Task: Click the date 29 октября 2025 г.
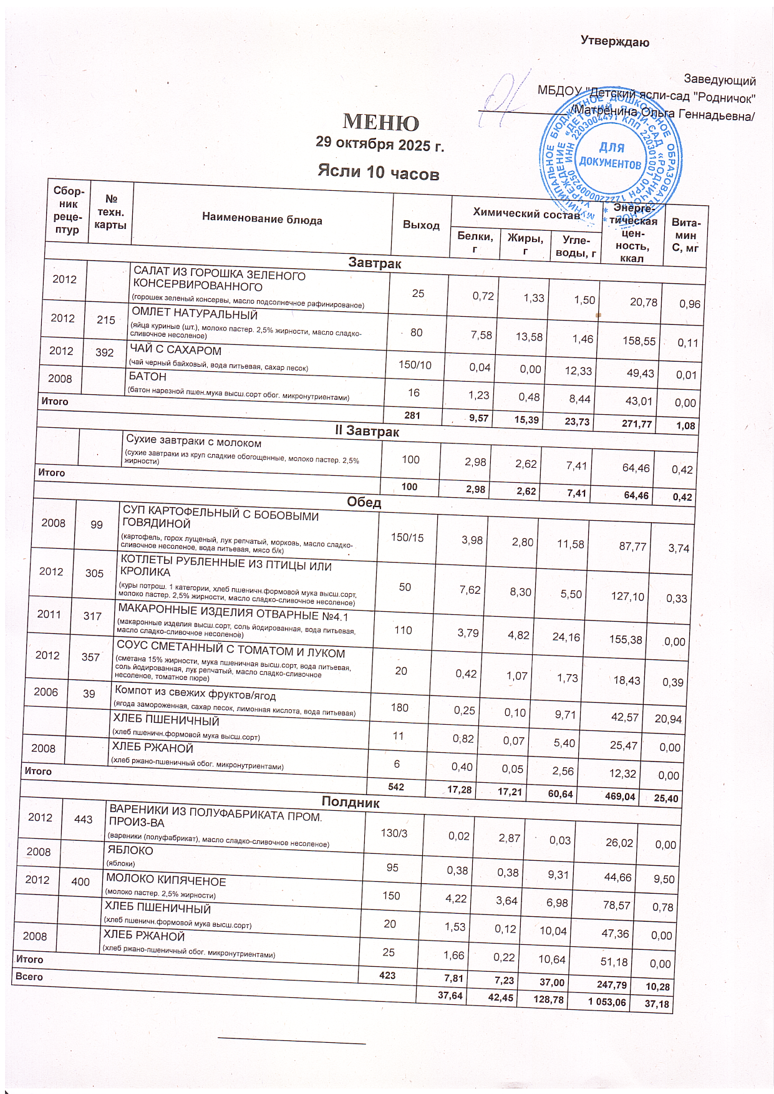point(379,143)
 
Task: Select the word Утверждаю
point(614,42)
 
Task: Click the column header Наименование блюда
point(262,220)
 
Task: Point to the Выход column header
point(421,225)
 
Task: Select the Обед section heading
point(364,503)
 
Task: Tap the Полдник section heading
point(350,802)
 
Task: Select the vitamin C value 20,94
point(667,719)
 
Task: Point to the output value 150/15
point(407,538)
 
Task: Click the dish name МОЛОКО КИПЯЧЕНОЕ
point(166,881)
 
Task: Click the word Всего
point(29,977)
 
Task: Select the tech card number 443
point(83,820)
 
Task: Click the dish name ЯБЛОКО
point(130,850)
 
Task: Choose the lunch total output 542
point(395,787)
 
